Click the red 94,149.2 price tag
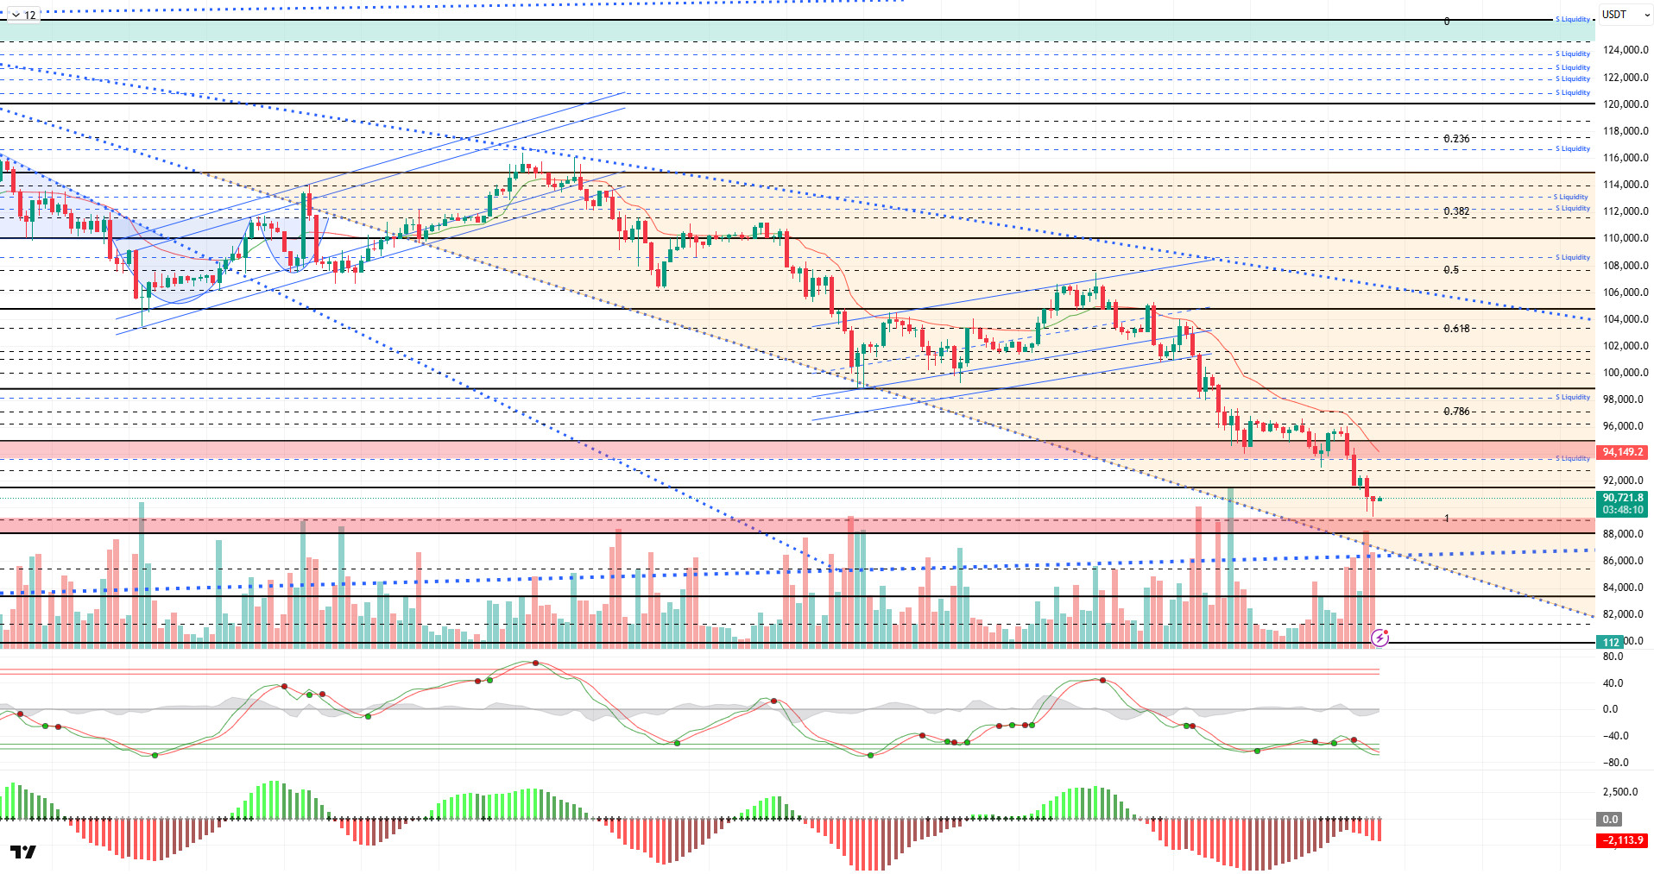coord(1622,452)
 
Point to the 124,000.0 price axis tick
coord(1625,50)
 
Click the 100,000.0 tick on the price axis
coord(1625,373)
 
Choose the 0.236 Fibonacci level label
coord(1456,139)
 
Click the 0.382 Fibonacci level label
coord(1456,211)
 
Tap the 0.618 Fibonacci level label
coord(1456,329)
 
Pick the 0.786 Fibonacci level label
coord(1456,412)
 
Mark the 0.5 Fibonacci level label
coord(1451,270)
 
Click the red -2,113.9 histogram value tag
coord(1623,840)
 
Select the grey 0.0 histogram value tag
coord(1610,820)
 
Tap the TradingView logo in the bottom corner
coord(23,852)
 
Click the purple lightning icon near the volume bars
coord(1379,638)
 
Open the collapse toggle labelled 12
coord(23,15)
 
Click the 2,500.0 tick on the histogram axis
coord(1619,792)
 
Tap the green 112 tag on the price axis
coord(1611,642)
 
